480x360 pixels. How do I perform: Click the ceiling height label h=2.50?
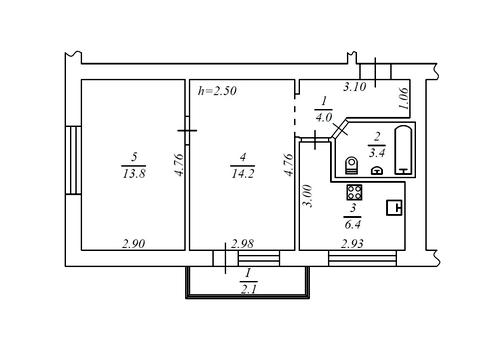tap(217, 91)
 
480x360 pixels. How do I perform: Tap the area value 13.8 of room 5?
tap(134, 173)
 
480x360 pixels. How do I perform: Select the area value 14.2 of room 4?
tap(243, 173)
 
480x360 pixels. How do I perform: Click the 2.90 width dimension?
tap(134, 244)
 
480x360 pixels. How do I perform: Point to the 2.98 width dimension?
tap(242, 244)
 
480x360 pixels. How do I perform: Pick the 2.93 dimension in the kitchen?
tap(352, 244)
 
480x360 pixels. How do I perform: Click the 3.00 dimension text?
tap(308, 196)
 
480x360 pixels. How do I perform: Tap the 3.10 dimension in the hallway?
tap(355, 87)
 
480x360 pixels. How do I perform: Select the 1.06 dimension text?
tap(403, 99)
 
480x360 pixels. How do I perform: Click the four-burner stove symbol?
tap(354, 192)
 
